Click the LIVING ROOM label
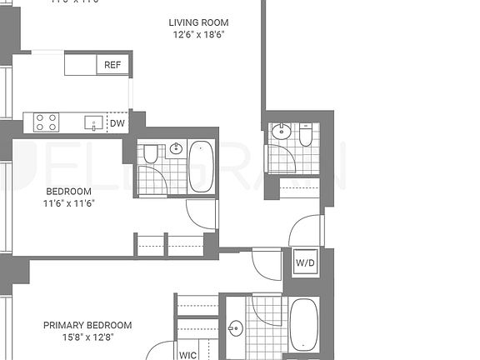(x=198, y=22)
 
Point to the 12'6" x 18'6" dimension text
(x=198, y=35)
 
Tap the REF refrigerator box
(x=112, y=65)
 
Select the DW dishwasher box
(x=118, y=123)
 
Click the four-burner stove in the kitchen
(x=47, y=122)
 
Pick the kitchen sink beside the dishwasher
(x=90, y=123)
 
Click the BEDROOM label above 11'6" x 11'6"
(x=68, y=191)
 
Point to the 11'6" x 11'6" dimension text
(x=68, y=203)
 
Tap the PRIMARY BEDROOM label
(x=87, y=325)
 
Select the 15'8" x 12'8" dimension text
(x=87, y=337)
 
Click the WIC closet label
(x=188, y=354)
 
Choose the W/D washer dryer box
(x=306, y=262)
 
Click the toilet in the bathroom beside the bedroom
(x=151, y=153)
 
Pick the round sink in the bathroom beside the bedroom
(x=176, y=149)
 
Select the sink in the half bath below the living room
(x=281, y=131)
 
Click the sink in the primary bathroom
(x=236, y=328)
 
